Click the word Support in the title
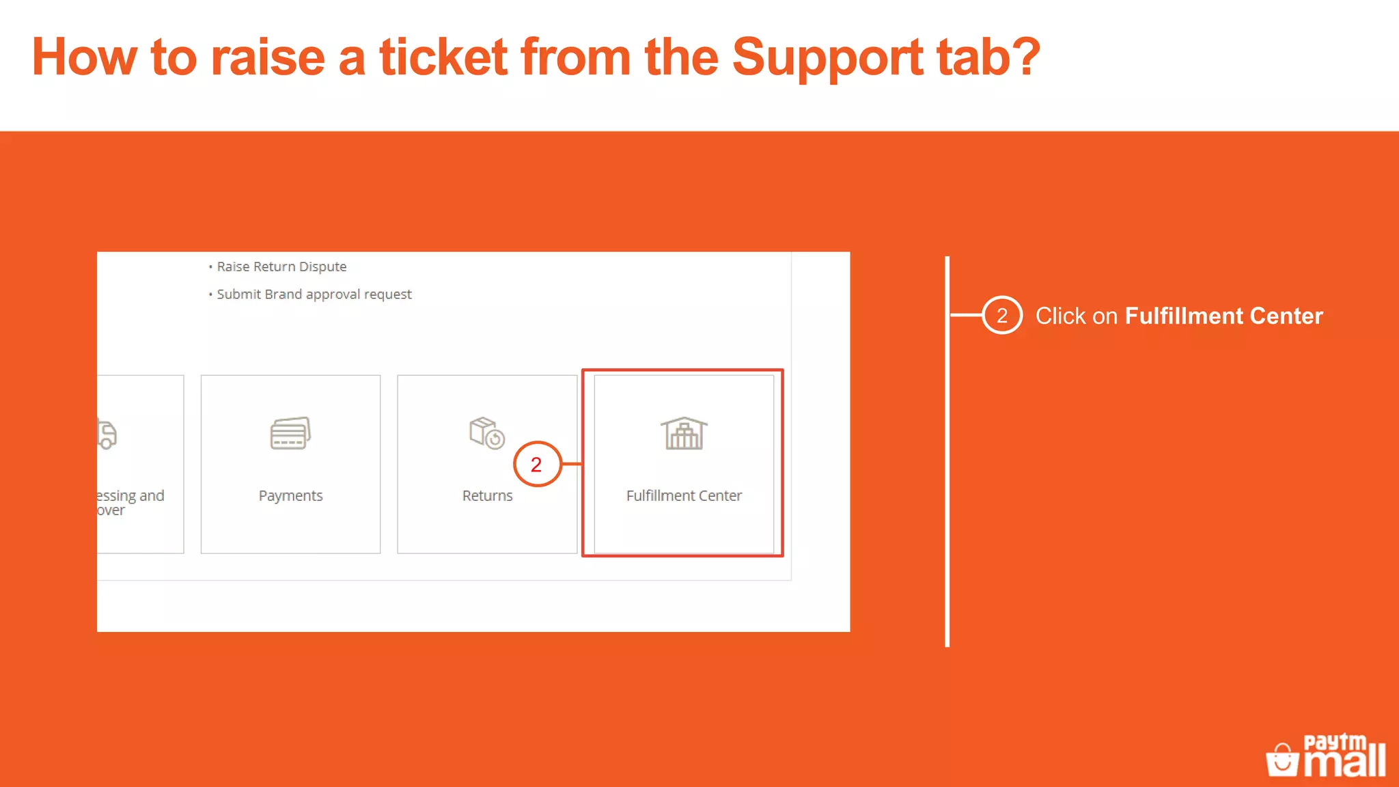click(x=827, y=57)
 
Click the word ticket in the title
click(x=443, y=57)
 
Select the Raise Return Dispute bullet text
click(x=281, y=266)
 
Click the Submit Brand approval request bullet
click(x=314, y=294)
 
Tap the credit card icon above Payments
click(x=290, y=433)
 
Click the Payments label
click(x=290, y=495)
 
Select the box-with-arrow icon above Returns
click(x=486, y=432)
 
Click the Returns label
click(x=487, y=495)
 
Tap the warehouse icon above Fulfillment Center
click(x=684, y=433)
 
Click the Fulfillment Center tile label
click(x=684, y=495)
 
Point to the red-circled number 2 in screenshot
click(x=537, y=465)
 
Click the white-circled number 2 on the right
click(x=1002, y=316)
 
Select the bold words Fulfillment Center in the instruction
click(x=1223, y=316)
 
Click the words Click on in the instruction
click(x=1076, y=316)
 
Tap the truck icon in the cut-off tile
click(x=107, y=434)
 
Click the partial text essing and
click(x=130, y=495)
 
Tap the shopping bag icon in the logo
click(x=1282, y=760)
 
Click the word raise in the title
click(x=267, y=57)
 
